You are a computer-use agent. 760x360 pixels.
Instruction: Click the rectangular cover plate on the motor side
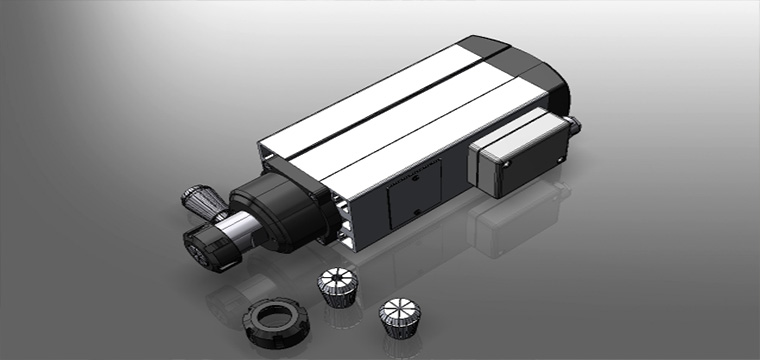414,199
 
